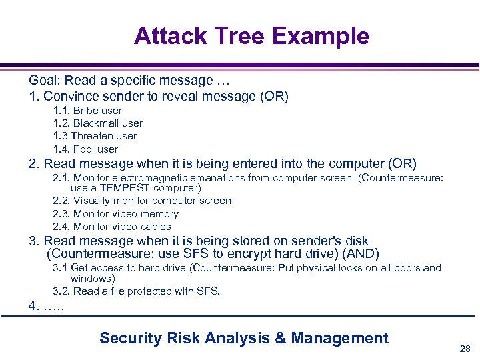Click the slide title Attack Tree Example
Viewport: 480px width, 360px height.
(251, 36)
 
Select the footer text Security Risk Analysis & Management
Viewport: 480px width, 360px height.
(244, 338)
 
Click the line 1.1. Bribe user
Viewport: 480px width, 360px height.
(87, 111)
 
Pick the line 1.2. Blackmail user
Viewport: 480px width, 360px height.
(97, 123)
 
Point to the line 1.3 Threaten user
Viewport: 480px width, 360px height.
(95, 136)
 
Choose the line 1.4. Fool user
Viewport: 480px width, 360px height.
(85, 149)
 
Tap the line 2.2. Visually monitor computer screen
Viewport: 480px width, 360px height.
(142, 201)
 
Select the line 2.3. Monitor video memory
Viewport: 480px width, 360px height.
(115, 214)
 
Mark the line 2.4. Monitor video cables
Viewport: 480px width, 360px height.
(112, 227)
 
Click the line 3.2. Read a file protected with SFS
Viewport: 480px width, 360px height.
(136, 291)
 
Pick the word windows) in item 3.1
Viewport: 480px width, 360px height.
(93, 279)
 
